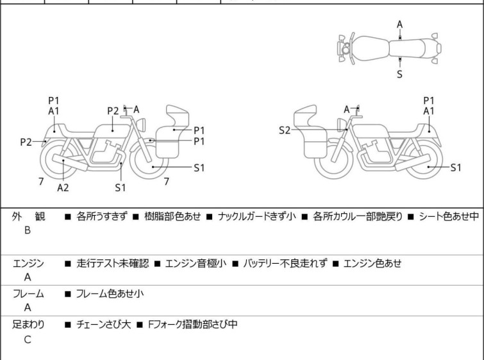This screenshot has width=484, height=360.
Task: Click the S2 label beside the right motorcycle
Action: point(284,130)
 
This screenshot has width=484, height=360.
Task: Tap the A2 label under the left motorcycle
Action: point(63,187)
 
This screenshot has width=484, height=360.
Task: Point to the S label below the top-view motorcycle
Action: point(399,74)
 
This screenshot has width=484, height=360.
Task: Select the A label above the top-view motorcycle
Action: point(399,24)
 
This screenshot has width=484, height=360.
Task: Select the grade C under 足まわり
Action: point(27,340)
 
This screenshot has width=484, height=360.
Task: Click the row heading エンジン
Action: point(28,263)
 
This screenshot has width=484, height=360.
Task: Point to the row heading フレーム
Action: point(28,294)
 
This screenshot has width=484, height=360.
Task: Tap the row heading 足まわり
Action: point(28,325)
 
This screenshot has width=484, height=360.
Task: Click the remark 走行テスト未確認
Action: point(112,263)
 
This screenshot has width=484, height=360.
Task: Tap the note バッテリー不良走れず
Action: point(285,263)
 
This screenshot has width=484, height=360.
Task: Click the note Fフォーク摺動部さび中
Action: point(192,325)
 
